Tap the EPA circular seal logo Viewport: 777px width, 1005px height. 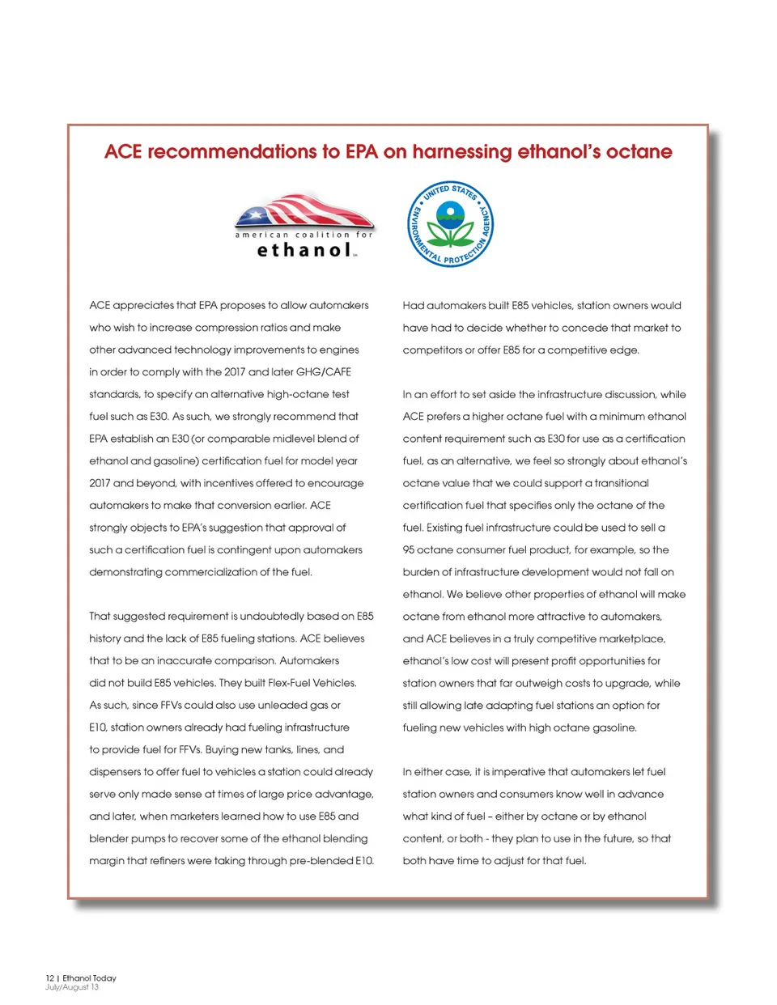[x=450, y=224]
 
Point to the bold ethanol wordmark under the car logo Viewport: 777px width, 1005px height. [x=304, y=250]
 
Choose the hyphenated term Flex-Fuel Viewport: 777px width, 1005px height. [x=286, y=683]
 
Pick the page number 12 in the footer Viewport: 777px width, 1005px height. [x=49, y=978]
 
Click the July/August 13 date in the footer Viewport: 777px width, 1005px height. [x=72, y=987]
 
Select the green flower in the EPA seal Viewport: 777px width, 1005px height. [x=450, y=228]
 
